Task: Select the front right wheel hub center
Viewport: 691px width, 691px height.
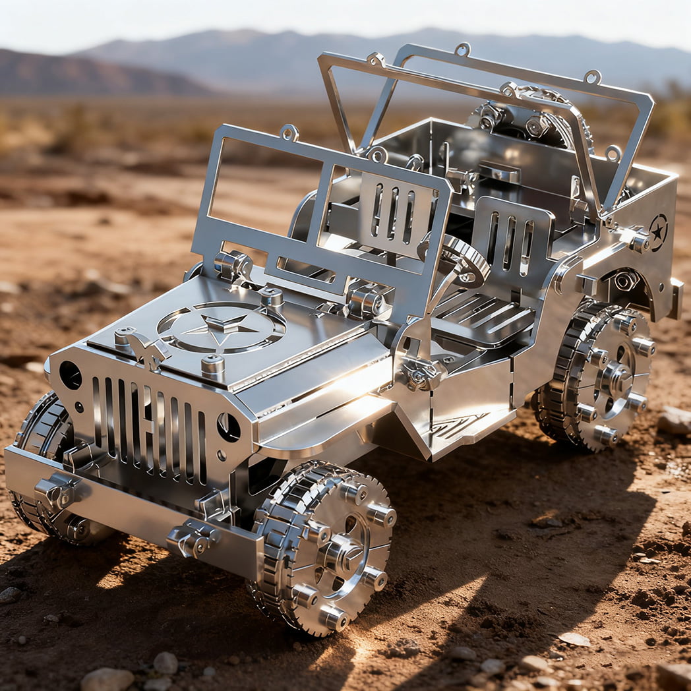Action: [x=342, y=553]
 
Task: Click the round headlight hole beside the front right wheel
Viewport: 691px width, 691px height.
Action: [x=228, y=427]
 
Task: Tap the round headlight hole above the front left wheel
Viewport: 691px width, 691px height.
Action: [x=70, y=375]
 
